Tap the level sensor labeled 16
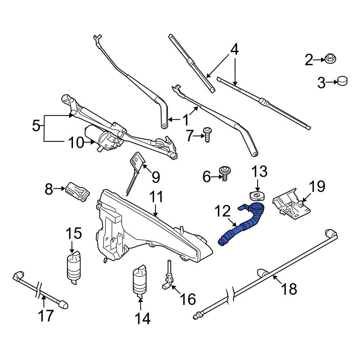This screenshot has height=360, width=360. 167,277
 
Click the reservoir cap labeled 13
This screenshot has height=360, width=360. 257,196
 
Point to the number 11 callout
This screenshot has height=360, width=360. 157,197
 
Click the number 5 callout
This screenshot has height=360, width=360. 36,126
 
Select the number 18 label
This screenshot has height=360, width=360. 290,288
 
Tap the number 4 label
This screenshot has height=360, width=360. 234,49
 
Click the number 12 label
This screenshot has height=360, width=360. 222,212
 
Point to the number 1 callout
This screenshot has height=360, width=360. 185,120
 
